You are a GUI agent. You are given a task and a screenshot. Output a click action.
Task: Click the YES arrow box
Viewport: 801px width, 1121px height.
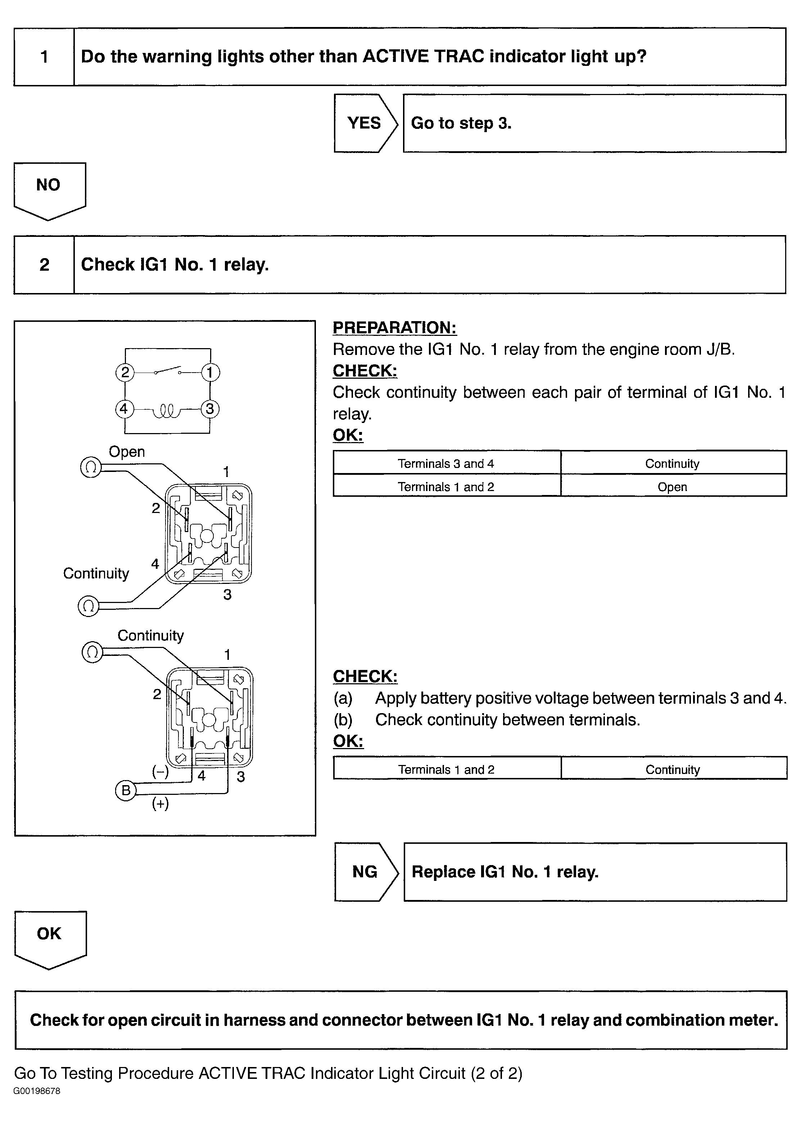coord(365,123)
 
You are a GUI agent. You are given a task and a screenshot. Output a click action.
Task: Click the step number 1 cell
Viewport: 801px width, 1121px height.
coord(44,57)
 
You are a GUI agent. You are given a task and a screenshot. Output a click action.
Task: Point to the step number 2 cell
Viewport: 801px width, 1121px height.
coord(44,265)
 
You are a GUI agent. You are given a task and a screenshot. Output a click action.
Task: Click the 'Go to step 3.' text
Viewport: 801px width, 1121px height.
coord(461,123)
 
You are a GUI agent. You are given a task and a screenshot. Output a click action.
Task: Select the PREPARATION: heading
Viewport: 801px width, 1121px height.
coord(395,328)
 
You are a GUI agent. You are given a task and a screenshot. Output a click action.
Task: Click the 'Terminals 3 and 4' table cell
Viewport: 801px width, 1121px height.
coord(446,463)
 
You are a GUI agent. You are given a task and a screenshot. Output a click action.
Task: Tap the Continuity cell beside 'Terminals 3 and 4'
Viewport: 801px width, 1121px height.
coord(672,463)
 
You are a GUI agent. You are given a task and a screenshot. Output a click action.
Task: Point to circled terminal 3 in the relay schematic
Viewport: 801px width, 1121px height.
coord(210,409)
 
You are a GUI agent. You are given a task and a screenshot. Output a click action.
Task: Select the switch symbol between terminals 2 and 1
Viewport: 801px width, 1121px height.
coord(168,372)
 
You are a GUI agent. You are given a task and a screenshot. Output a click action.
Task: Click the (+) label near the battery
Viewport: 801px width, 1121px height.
coord(160,804)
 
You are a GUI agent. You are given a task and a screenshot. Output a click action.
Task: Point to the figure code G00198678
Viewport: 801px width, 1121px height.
coord(37,1091)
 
